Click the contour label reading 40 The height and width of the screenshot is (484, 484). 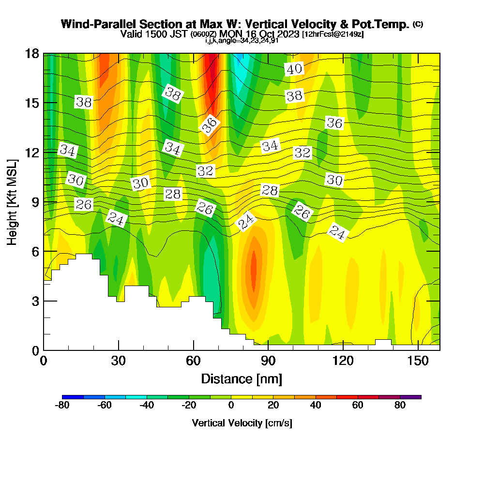[x=294, y=69]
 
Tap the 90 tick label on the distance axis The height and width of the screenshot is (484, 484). [x=268, y=362]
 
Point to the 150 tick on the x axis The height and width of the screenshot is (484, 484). [x=418, y=362]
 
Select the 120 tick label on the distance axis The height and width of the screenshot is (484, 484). [x=343, y=362]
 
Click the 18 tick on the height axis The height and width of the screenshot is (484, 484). [x=31, y=54]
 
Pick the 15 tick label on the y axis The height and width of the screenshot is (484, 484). [x=31, y=103]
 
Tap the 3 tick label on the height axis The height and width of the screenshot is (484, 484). [x=35, y=301]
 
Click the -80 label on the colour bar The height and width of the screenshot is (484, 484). [x=63, y=406]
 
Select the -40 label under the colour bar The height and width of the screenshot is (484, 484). [x=147, y=406]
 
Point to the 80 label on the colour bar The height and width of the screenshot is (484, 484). [x=400, y=406]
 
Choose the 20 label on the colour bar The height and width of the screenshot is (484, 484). [x=273, y=406]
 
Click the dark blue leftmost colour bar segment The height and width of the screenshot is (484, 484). [x=73, y=397]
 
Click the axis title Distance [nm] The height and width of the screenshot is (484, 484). [x=242, y=378]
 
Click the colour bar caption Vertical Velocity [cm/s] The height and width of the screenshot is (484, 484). [x=242, y=423]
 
